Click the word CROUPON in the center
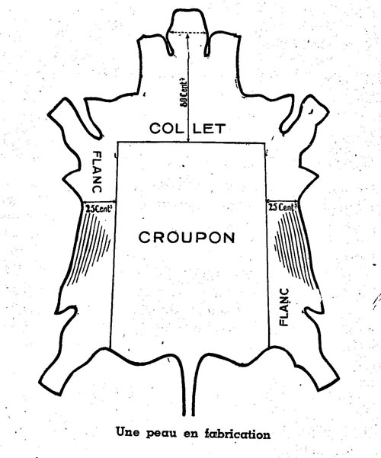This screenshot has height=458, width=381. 187,237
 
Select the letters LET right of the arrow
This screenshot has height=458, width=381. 210,129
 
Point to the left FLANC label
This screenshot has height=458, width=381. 97,171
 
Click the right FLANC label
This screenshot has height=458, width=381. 284,306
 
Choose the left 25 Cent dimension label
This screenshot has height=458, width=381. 99,208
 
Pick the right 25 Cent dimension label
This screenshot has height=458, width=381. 282,207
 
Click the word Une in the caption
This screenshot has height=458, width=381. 128,432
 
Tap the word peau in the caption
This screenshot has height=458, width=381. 162,434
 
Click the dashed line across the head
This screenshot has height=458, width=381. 188,33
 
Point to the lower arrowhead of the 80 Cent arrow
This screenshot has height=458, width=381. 189,140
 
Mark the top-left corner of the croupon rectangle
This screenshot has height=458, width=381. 117,143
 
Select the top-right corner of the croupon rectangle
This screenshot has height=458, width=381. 264,143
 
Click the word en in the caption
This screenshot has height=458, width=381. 190,434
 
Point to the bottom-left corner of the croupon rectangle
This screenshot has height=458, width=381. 110,348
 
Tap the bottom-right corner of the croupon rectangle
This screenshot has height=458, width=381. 269,347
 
